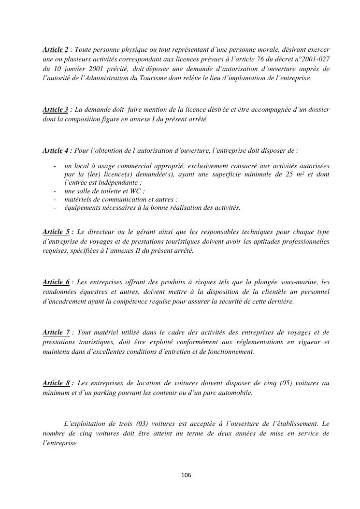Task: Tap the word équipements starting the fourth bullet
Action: point(82,208)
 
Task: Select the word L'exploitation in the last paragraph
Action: point(85,424)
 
